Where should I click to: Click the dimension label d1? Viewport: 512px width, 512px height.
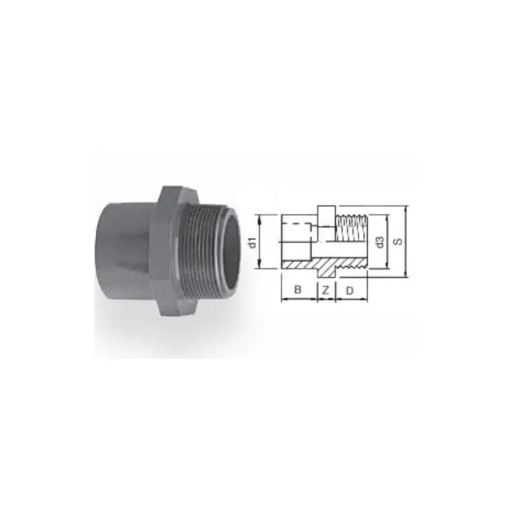(253, 241)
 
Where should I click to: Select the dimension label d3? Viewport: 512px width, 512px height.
(380, 242)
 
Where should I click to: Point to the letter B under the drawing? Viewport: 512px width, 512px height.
(298, 290)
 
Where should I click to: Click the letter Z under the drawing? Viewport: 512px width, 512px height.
(325, 290)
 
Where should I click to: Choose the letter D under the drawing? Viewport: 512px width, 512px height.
(350, 290)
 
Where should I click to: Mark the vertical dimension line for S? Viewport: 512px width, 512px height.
(406, 242)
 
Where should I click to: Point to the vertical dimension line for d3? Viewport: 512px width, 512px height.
(388, 242)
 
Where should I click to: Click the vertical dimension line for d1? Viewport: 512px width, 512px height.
(260, 241)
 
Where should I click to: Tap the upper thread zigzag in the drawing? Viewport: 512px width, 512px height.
(351, 219)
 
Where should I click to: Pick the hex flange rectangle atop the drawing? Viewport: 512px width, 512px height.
(326, 214)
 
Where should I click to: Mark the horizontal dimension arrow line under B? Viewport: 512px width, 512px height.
(299, 299)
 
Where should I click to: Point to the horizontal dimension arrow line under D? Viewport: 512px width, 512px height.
(351, 299)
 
